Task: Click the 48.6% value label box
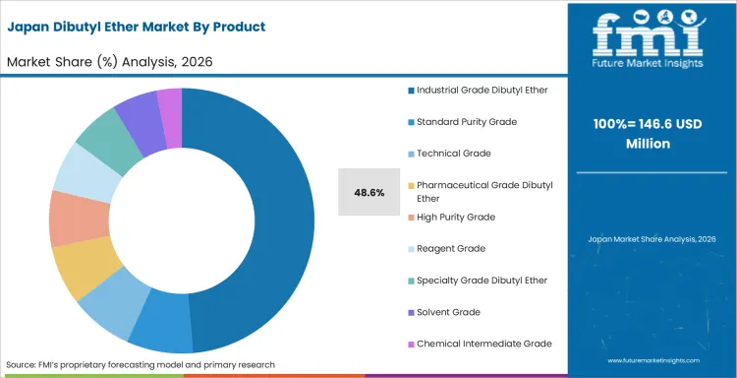coord(369,192)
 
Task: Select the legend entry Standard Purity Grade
coord(466,121)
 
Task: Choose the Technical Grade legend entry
coord(453,153)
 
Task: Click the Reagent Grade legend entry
coord(451,248)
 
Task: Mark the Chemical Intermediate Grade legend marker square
coord(411,344)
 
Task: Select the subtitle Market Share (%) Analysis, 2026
coord(111,62)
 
